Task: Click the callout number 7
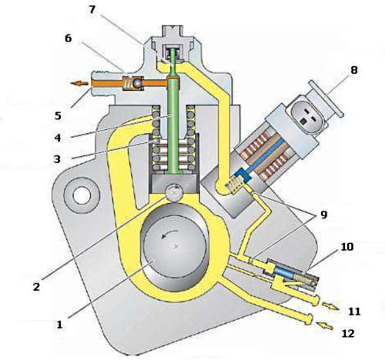92,9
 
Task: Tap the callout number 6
68,38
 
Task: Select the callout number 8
354,70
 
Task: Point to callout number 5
58,116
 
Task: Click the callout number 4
58,138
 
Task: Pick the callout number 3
57,159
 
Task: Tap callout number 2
37,286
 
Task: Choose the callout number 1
59,325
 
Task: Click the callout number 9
324,215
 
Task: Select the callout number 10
347,247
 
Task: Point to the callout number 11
354,312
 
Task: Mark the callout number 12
348,333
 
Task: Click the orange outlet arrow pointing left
79,83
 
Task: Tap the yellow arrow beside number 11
330,306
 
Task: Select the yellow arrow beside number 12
324,326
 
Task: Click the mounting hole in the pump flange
82,195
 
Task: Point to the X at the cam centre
176,247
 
